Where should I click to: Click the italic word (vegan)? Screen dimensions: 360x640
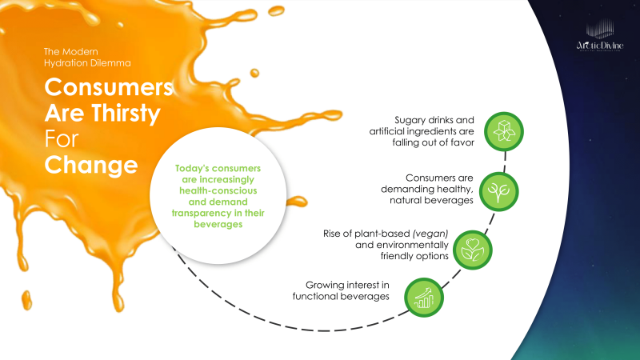(x=433, y=235)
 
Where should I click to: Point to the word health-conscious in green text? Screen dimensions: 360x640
(x=219, y=190)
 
